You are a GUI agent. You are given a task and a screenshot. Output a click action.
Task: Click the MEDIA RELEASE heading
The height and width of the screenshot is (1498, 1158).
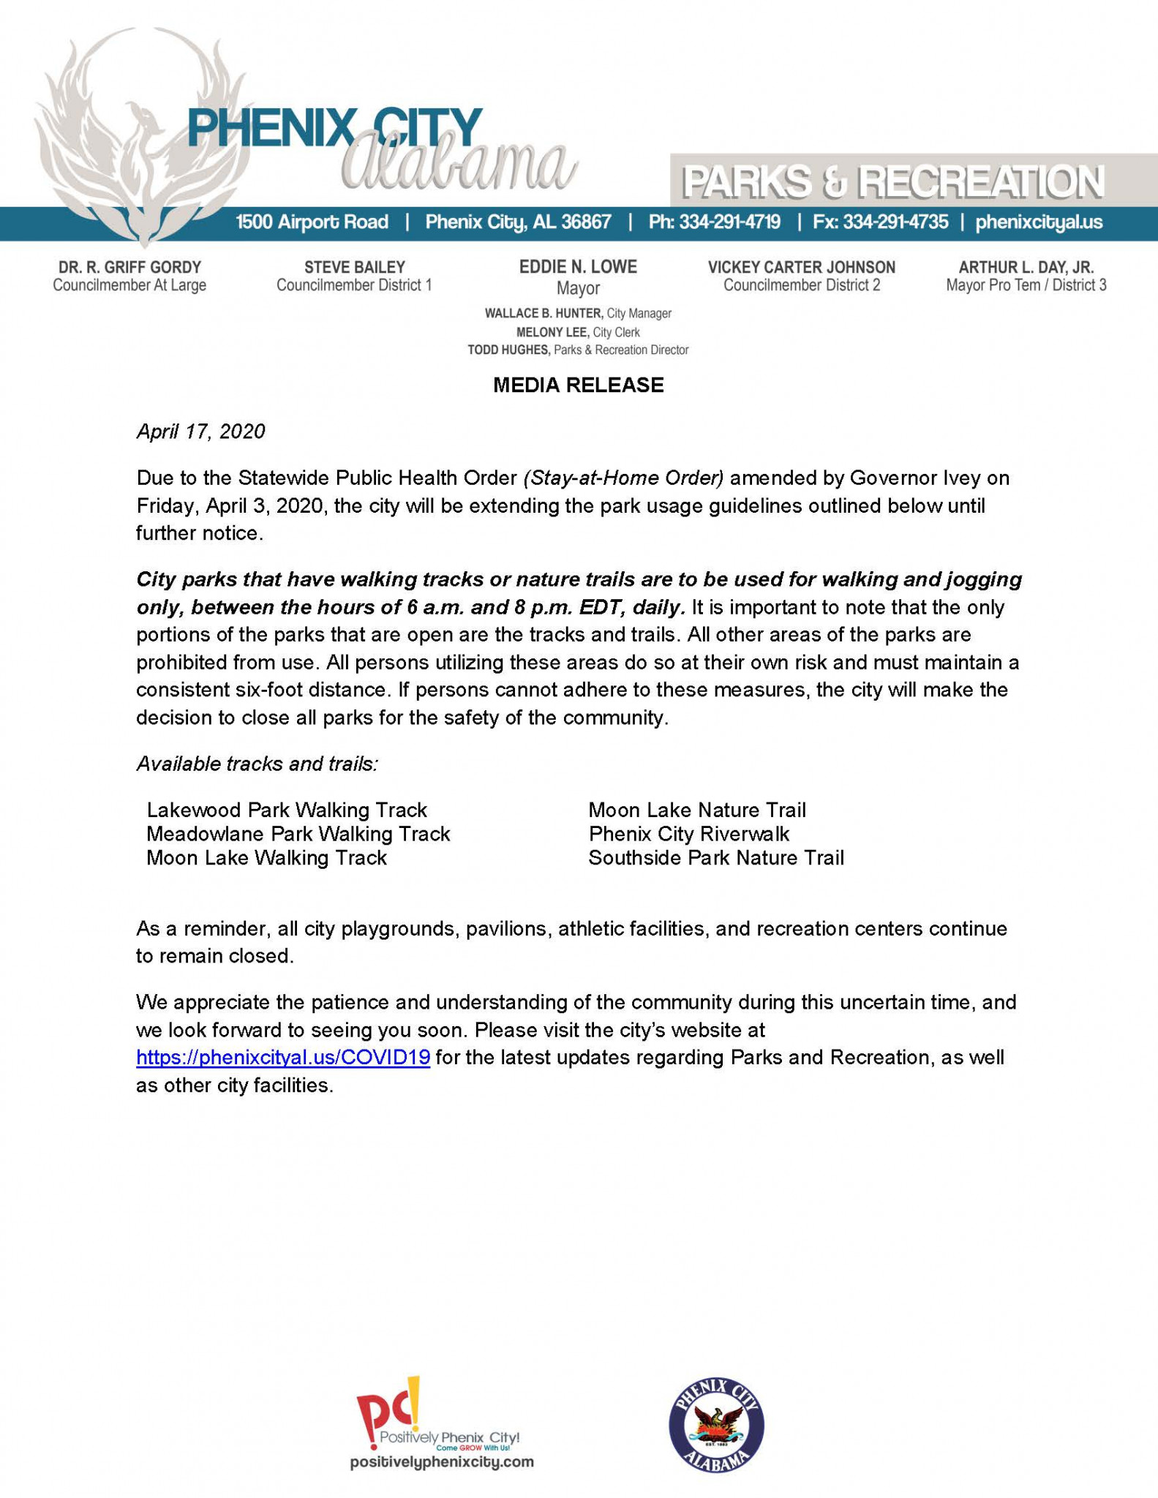578,385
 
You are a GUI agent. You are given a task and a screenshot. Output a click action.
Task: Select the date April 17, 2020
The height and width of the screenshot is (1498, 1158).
200,432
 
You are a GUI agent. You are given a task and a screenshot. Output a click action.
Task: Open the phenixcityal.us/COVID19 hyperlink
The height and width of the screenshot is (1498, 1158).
283,1058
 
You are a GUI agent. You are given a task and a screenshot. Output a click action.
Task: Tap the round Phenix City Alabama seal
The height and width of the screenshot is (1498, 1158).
716,1426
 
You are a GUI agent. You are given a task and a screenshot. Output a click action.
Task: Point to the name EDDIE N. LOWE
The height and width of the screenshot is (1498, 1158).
578,267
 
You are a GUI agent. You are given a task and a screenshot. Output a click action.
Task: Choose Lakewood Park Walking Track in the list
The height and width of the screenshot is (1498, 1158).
287,810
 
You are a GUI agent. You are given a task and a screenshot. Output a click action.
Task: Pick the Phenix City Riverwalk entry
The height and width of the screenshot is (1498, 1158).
689,834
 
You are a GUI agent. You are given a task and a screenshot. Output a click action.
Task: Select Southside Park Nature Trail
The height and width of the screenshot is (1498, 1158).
716,858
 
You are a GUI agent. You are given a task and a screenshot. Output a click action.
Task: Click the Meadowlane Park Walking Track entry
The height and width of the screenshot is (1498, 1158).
298,834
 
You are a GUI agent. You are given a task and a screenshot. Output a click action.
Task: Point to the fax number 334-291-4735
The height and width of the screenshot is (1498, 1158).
895,222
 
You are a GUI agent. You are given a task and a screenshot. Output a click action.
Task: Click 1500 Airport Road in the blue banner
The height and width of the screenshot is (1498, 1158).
312,222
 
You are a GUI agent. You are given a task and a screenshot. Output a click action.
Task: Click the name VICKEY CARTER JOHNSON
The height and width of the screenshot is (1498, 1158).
802,267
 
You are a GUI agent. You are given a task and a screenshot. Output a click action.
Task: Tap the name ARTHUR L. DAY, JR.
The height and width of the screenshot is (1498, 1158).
1026,267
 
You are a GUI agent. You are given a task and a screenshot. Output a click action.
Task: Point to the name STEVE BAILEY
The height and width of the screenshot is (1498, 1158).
354,267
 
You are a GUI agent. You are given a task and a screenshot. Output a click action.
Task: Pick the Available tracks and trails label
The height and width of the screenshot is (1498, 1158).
257,764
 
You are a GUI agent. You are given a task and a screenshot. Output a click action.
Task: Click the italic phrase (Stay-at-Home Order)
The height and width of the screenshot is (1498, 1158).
623,478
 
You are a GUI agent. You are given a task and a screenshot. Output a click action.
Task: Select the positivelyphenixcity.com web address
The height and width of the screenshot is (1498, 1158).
442,1462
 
